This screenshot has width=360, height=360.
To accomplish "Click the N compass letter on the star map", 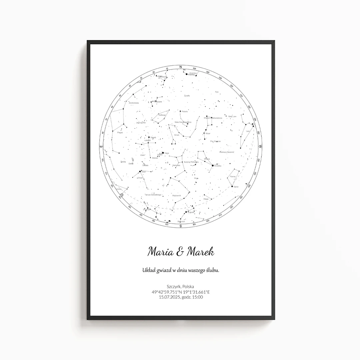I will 181,67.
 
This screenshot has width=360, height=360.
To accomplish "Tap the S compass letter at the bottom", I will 181,226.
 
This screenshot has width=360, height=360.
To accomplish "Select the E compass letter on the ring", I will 101,146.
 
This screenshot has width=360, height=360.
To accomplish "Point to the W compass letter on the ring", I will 260,147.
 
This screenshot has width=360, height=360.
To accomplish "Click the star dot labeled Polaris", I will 180,111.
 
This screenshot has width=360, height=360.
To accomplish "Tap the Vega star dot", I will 163,153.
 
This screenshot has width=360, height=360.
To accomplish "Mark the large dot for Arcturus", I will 213,165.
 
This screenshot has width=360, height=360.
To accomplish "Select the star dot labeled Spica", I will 232,186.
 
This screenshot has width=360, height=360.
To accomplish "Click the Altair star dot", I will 140,172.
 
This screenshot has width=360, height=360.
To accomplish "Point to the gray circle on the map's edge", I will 122,195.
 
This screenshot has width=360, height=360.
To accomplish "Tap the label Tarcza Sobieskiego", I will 153,195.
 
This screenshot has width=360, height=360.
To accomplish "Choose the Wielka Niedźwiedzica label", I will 213,118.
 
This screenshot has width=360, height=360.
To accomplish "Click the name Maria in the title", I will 159,252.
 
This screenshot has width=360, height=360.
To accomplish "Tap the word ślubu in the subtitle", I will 212,270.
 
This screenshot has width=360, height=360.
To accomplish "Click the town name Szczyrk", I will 173,286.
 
